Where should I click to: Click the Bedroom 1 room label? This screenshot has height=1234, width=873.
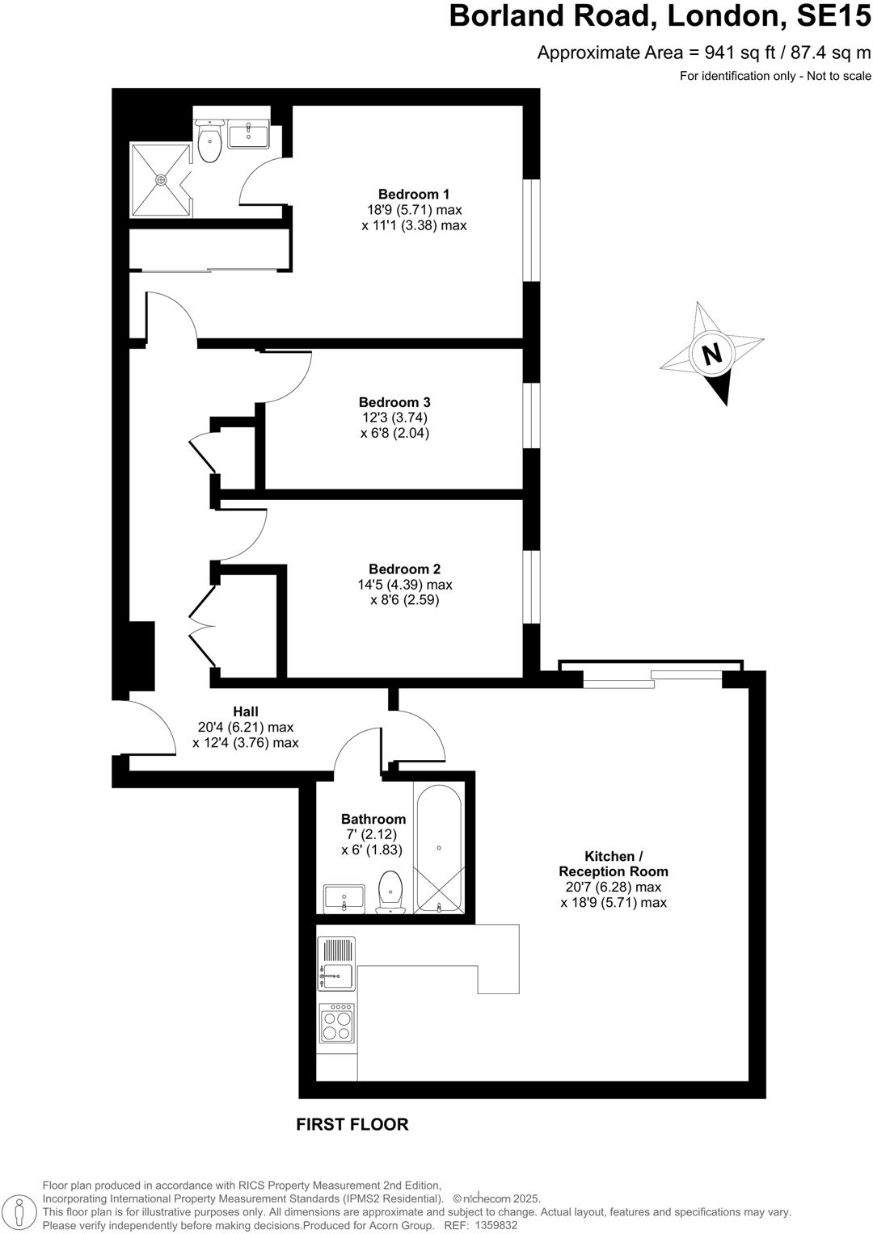point(414,194)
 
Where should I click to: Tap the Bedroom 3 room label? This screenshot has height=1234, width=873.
point(394,402)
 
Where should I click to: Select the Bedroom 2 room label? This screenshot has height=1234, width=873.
point(404,569)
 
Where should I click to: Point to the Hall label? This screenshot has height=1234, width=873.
point(246,711)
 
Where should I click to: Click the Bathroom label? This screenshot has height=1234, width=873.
point(373,819)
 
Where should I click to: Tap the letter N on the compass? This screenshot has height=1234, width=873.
point(711,354)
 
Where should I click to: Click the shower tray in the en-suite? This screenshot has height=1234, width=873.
point(162,180)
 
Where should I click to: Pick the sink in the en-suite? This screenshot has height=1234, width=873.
point(249,135)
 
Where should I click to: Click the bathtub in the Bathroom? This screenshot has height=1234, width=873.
point(438,847)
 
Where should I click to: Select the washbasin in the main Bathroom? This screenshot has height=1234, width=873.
point(345,898)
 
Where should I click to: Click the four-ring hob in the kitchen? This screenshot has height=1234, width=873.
point(336,1023)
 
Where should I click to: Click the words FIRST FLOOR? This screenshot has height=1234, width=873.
point(352,1124)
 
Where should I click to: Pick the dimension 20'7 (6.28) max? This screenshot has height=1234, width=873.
point(614,887)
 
